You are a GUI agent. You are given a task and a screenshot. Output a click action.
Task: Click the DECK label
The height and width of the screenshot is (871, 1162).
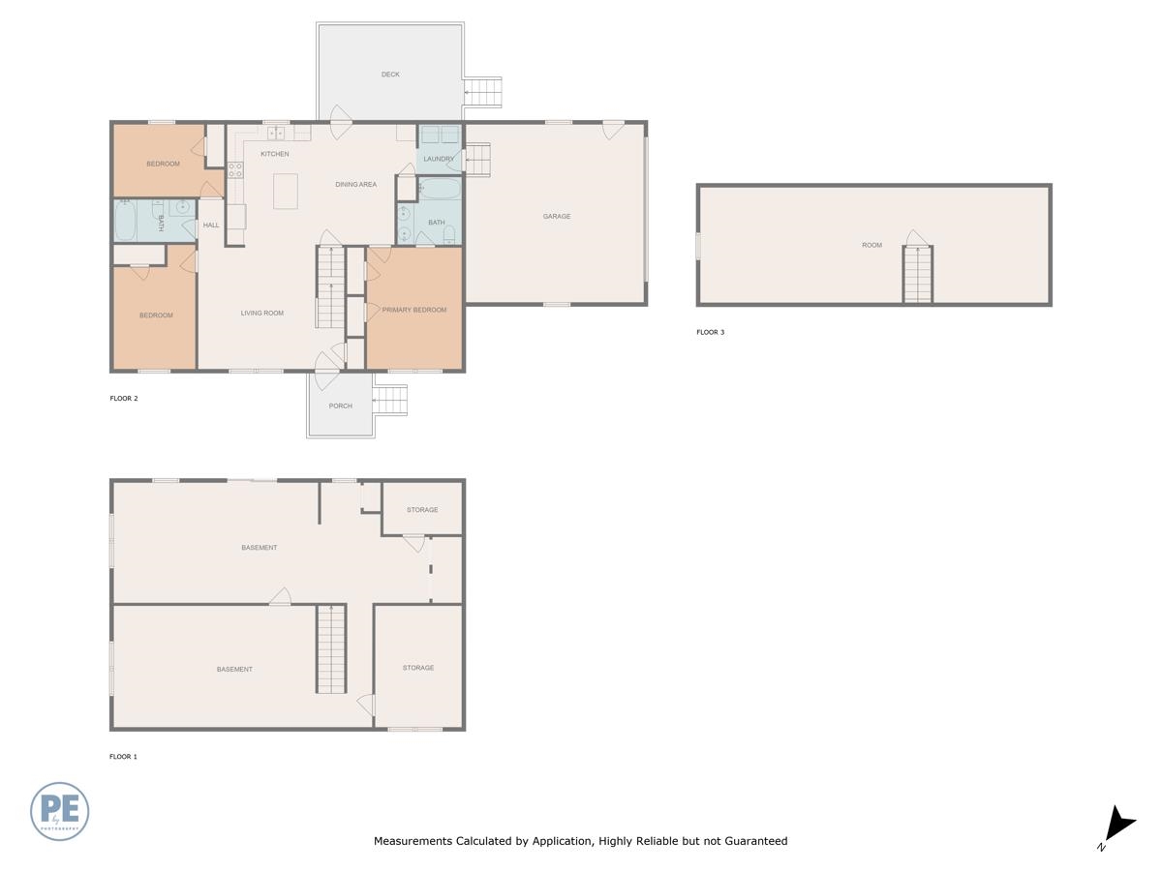click(x=390, y=75)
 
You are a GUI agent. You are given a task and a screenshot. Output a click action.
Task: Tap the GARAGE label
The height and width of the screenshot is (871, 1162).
click(x=557, y=216)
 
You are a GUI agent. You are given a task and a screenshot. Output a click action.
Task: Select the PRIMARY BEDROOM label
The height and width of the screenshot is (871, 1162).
click(x=414, y=310)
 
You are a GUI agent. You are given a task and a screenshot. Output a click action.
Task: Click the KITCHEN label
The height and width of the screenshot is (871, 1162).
click(x=275, y=154)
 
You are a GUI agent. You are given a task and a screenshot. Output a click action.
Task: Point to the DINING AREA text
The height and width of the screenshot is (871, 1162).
click(x=355, y=185)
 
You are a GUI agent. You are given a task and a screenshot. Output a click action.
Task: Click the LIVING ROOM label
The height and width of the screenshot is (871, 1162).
click(x=262, y=313)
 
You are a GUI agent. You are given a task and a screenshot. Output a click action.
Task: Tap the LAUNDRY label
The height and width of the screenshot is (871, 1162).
click(x=439, y=159)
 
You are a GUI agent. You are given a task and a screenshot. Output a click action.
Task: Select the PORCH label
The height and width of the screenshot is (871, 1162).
click(x=341, y=406)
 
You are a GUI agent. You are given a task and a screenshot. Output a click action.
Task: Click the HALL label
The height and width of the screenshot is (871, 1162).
click(x=211, y=225)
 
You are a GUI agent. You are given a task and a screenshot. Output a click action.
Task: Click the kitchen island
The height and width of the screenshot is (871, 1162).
click(x=286, y=192)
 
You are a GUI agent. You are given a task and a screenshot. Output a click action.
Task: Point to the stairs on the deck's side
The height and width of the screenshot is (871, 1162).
click(x=483, y=93)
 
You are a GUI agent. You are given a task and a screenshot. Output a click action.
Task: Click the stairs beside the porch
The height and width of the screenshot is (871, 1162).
click(x=390, y=401)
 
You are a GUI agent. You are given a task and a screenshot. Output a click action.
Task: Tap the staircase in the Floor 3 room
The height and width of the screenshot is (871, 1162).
click(x=917, y=275)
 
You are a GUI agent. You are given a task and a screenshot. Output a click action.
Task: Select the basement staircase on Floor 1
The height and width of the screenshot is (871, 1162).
click(x=331, y=648)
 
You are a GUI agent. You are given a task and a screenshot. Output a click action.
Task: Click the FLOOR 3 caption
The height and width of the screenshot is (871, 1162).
click(x=710, y=332)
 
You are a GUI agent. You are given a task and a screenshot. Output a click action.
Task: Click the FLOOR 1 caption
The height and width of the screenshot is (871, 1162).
click(x=123, y=757)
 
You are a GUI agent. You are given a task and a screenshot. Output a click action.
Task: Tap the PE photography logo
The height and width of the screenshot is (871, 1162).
click(x=59, y=811)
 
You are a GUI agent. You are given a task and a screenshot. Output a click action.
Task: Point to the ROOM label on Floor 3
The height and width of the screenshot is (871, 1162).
click(x=871, y=246)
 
